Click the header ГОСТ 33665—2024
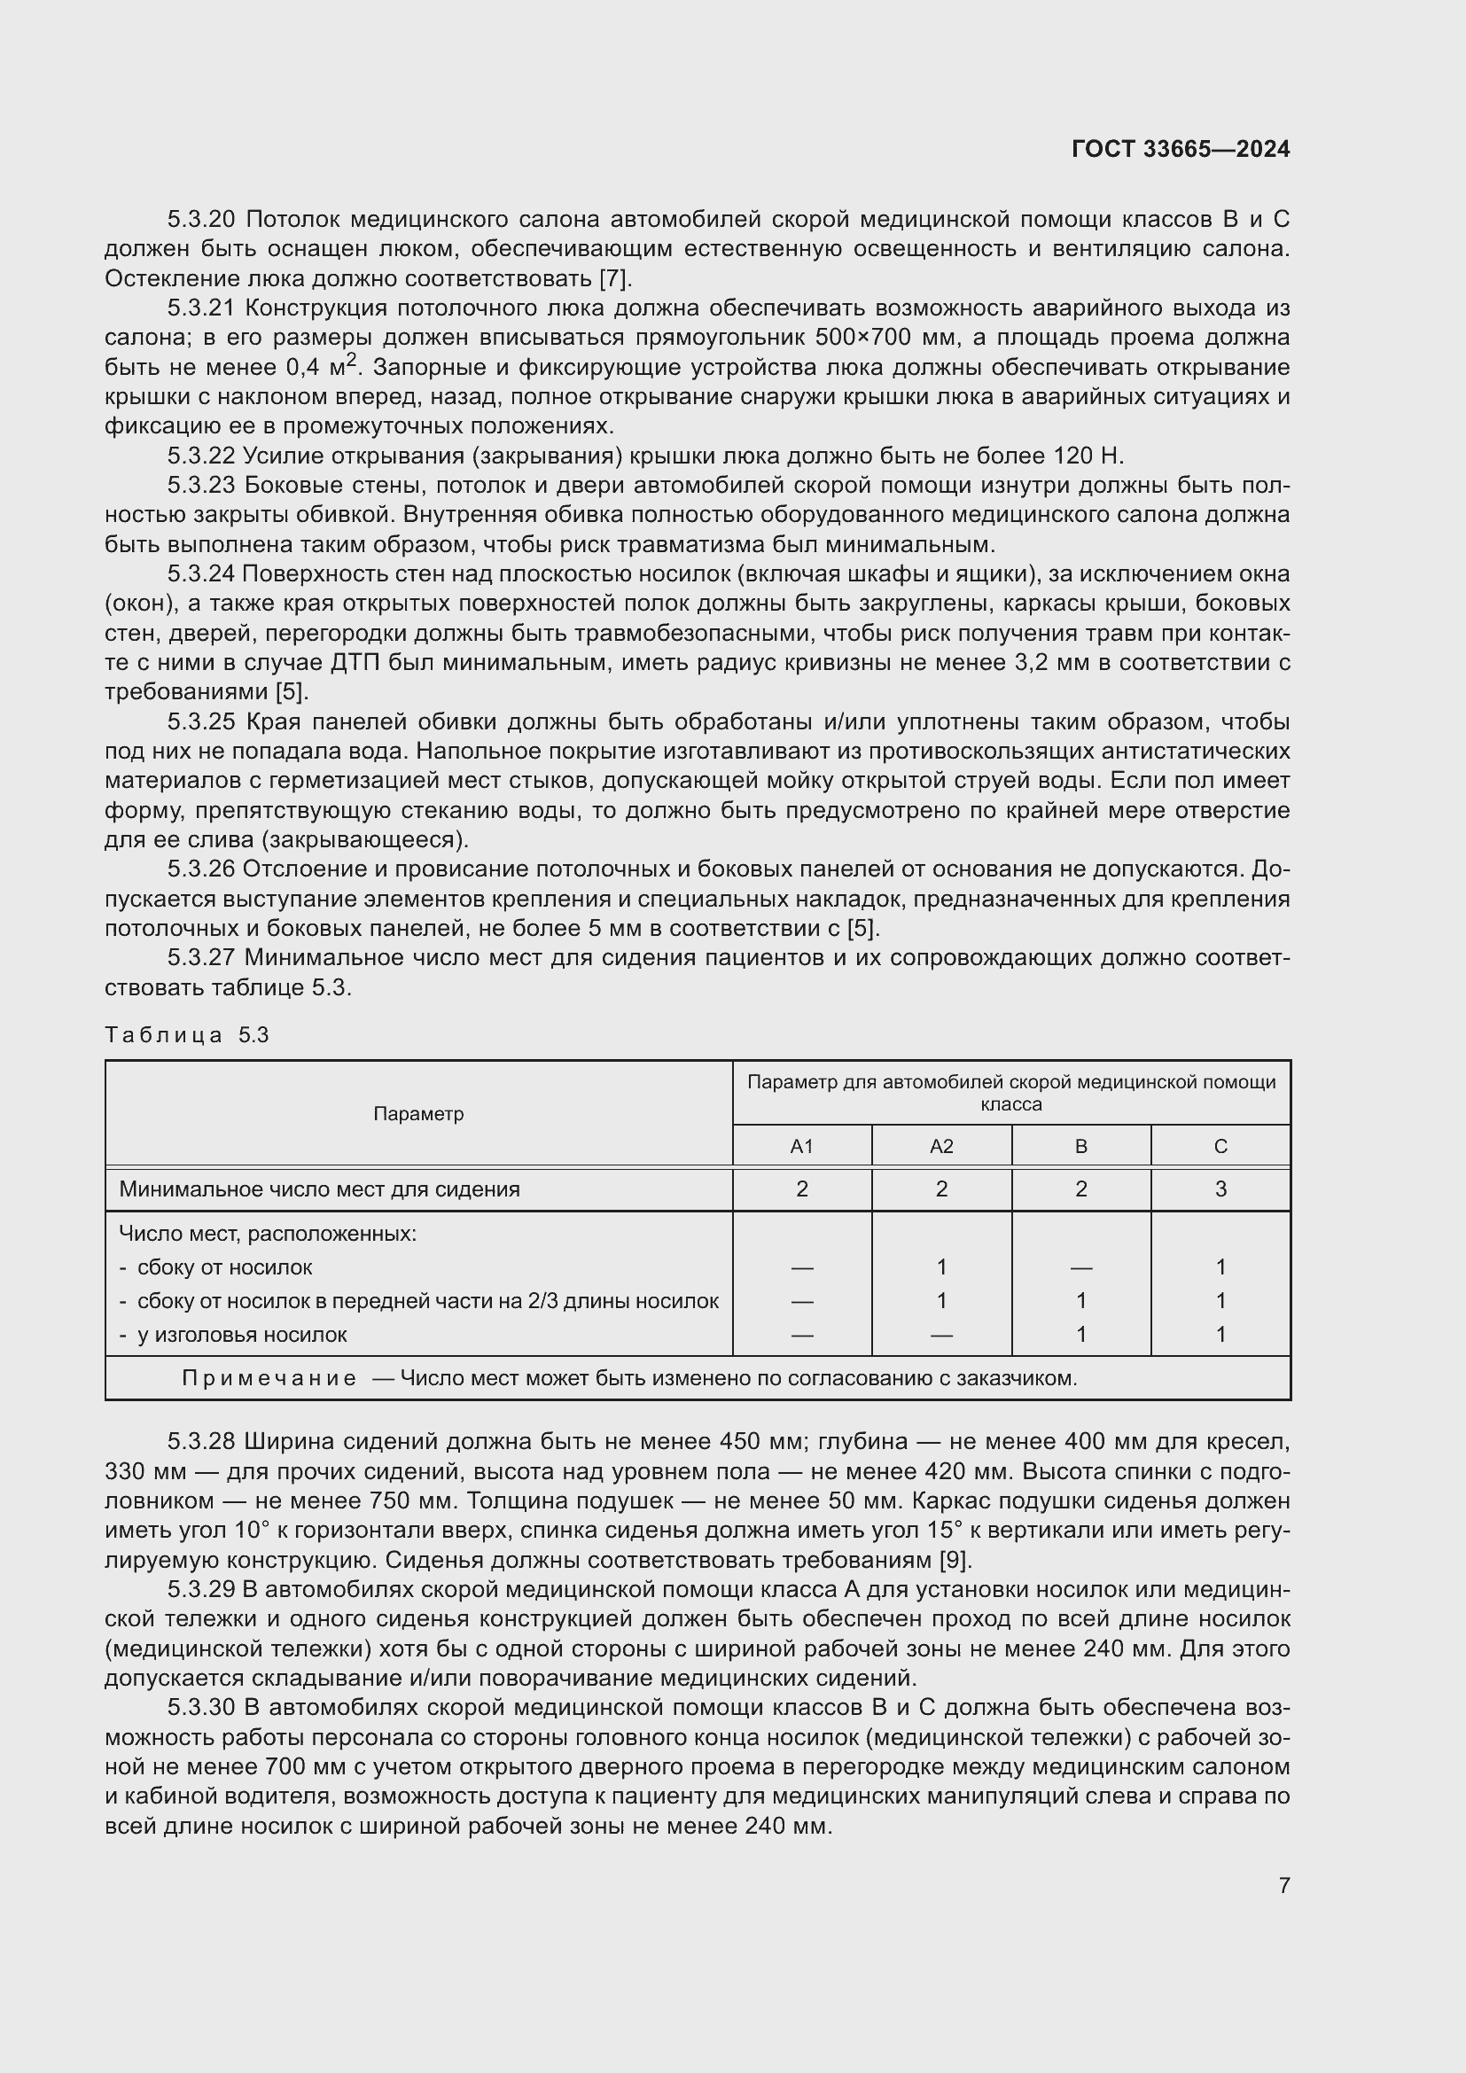[1180, 149]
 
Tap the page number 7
[1283, 1885]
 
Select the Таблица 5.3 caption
[187, 1034]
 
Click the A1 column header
[801, 1147]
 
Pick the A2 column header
[940, 1147]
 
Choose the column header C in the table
[1220, 1147]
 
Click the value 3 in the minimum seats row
[1220, 1189]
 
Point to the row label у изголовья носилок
[241, 1335]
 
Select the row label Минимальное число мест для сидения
[320, 1189]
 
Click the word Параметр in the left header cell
[418, 1114]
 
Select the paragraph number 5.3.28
[201, 1441]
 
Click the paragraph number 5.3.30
[201, 1707]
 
